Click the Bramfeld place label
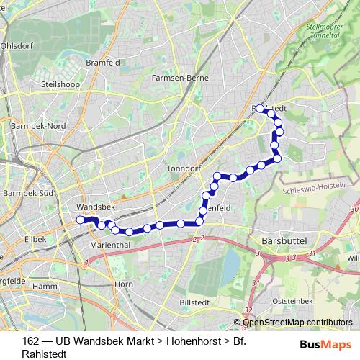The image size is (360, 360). coord(102,63)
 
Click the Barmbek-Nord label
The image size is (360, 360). coord(38,125)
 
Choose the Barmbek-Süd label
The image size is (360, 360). coord(30,194)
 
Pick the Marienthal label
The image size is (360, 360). coord(109,245)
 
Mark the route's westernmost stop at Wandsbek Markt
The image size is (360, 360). coord(81,220)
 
